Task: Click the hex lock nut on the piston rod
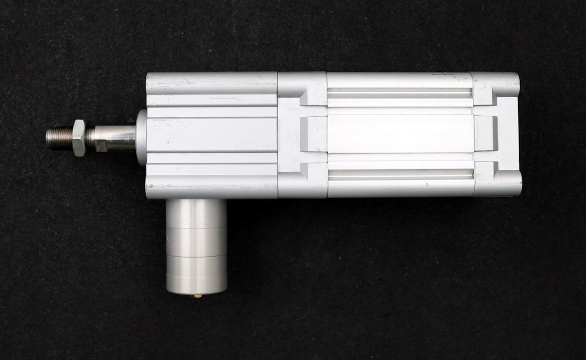click(79, 137)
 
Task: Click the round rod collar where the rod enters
click(141, 137)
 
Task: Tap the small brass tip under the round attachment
click(196, 295)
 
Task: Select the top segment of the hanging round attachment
click(196, 211)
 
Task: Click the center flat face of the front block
click(211, 135)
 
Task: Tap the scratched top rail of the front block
click(211, 82)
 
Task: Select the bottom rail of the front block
click(211, 188)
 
